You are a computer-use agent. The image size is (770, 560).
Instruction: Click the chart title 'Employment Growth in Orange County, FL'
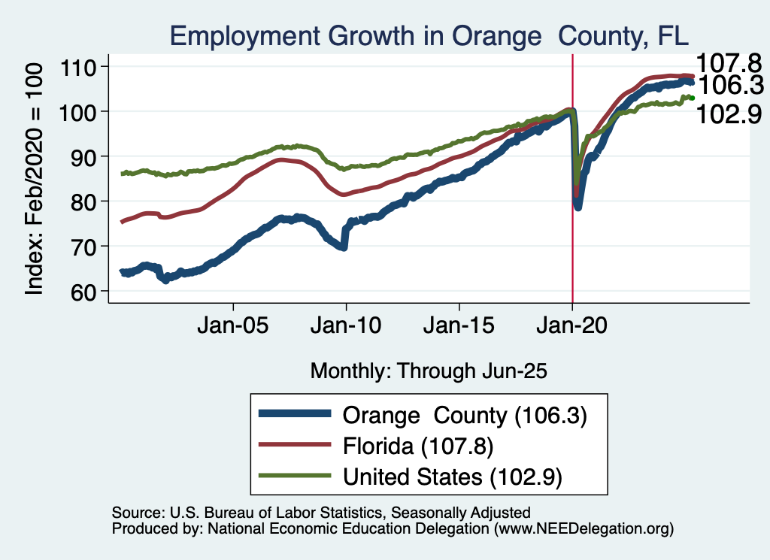tap(429, 36)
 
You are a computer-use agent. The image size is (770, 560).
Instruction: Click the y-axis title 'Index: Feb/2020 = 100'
tap(35, 178)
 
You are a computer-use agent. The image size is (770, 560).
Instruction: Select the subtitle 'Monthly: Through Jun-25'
tap(428, 371)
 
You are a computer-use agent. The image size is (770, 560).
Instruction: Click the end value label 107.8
tap(727, 62)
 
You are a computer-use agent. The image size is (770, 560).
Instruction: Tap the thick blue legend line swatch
tap(294, 414)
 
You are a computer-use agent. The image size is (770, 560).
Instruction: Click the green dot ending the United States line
tap(692, 98)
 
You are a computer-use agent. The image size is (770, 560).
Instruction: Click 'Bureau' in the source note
tap(226, 513)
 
